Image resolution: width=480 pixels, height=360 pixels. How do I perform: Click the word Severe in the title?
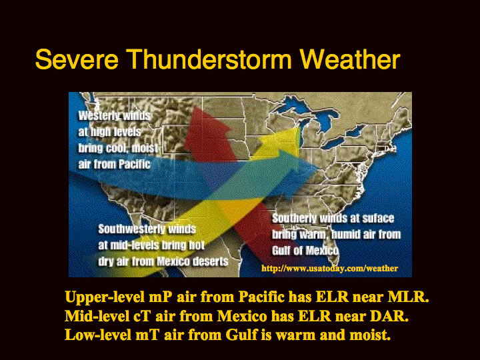click(x=77, y=59)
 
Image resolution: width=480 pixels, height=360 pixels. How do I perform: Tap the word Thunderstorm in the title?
click(x=209, y=59)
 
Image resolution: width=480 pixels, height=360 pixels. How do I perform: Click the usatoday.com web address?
click(x=330, y=269)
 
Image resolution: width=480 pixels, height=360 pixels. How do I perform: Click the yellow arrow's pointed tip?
click(x=298, y=128)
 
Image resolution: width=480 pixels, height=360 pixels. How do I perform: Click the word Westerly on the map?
click(x=99, y=116)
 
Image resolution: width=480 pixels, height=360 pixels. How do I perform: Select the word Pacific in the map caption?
click(x=135, y=165)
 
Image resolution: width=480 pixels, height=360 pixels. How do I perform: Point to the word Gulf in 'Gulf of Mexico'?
click(x=281, y=251)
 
